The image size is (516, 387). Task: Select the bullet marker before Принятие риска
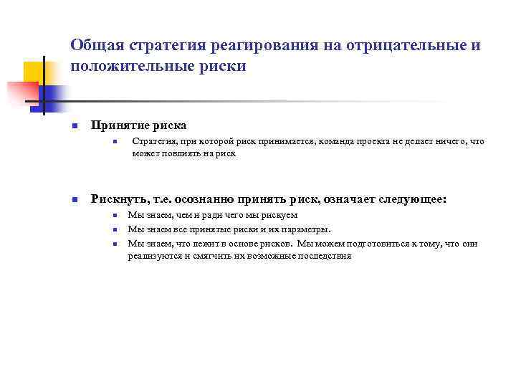pyautogui.click(x=74, y=126)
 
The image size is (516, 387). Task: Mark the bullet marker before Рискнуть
pyautogui.click(x=74, y=199)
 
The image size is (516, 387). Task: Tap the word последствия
pyautogui.click(x=326, y=256)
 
